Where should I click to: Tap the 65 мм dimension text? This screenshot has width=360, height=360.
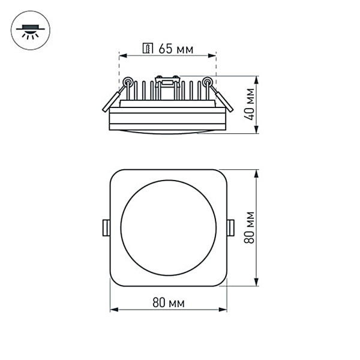176,49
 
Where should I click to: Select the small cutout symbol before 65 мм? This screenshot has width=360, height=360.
149,49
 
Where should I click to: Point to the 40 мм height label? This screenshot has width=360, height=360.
251,105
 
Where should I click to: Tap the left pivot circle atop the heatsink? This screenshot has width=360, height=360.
127,82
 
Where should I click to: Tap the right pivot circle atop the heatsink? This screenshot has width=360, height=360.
208,82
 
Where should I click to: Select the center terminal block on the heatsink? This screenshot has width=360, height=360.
167,81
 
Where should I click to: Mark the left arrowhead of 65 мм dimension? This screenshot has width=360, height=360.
122,56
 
